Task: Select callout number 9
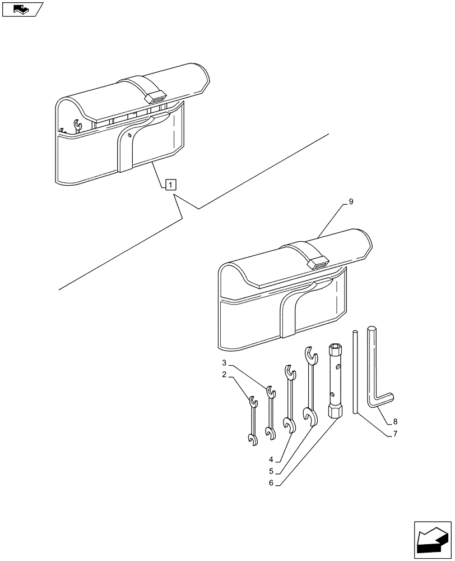351,201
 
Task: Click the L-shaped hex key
373,370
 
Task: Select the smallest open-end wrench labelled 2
253,421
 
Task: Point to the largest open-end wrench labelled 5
309,387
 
